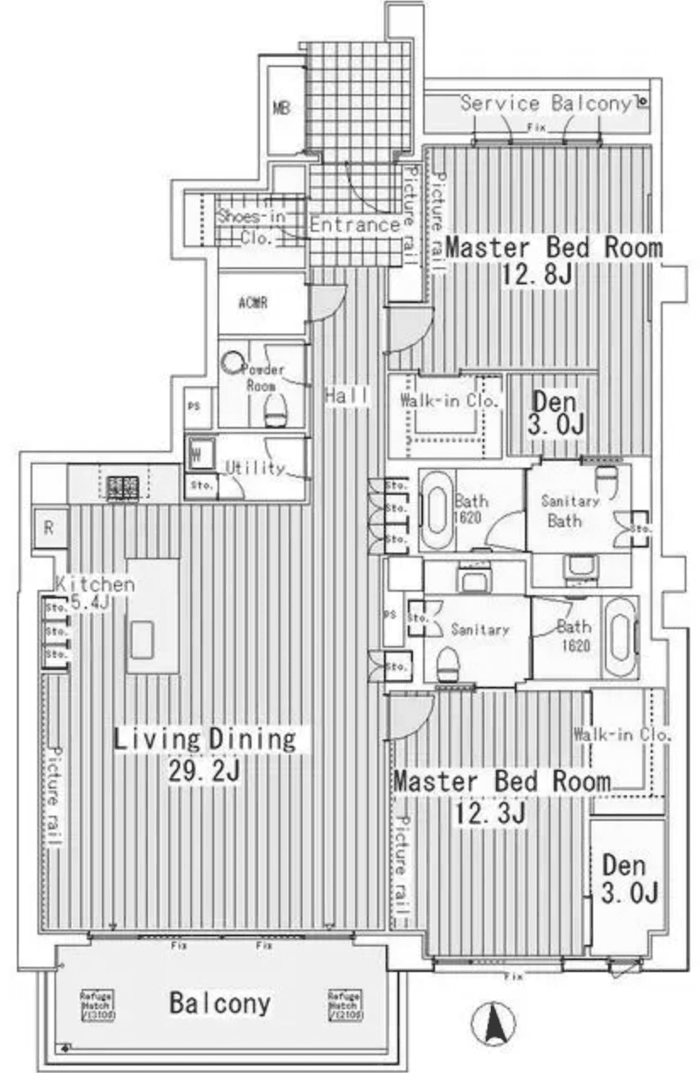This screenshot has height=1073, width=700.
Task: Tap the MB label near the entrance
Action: click(281, 108)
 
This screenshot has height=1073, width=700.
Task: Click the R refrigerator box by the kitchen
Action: click(49, 527)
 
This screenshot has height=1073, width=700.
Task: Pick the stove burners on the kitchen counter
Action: click(121, 486)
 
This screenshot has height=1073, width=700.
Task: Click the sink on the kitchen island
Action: click(142, 636)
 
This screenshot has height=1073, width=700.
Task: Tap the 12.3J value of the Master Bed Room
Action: click(486, 812)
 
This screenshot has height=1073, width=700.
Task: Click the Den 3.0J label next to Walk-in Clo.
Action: click(556, 413)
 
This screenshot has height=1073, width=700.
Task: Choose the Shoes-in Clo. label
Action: click(251, 227)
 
